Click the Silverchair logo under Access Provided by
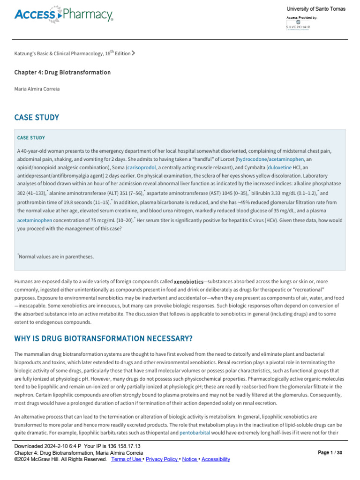(298, 25)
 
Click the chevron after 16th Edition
(134, 53)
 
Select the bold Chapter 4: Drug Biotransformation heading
(62, 73)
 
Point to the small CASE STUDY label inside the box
(31, 138)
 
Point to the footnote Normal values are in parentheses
(56, 256)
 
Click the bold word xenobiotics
(188, 282)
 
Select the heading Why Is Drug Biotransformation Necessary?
(103, 339)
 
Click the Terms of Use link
(126, 459)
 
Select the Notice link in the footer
(189, 459)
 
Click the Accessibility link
(216, 459)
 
